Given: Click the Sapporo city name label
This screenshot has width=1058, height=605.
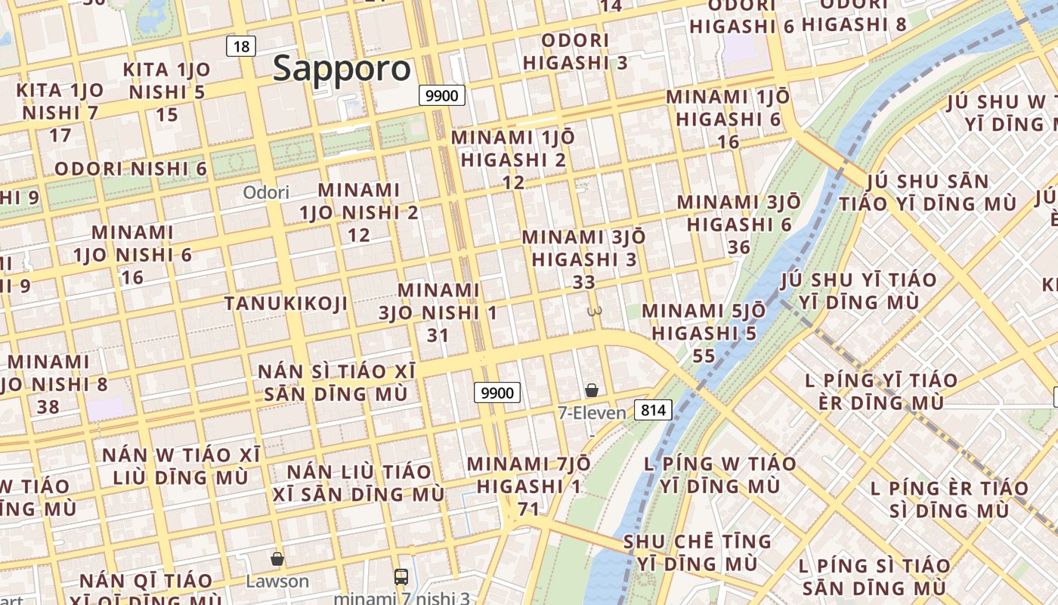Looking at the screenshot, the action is (342, 69).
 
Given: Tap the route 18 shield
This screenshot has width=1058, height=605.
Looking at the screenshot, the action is (241, 46).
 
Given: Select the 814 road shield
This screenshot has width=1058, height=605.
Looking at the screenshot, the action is (653, 410).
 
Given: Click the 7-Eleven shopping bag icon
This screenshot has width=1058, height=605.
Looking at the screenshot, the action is (592, 390).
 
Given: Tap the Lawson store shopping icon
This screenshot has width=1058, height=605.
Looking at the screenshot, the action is (277, 560).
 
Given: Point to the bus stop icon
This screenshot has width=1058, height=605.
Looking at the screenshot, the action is (401, 577).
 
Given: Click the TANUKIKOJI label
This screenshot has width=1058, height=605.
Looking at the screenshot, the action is (286, 304).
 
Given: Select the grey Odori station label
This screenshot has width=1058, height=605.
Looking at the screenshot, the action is (266, 192).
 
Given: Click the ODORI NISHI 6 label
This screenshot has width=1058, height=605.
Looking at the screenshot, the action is (131, 169).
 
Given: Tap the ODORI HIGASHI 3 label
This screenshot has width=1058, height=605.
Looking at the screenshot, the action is (575, 51).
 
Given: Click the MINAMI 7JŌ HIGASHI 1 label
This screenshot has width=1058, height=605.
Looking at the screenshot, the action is (529, 474).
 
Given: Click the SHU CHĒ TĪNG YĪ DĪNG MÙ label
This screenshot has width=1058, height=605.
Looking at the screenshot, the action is (698, 553).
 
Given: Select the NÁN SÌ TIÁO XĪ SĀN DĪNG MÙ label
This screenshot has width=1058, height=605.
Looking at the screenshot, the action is (337, 383).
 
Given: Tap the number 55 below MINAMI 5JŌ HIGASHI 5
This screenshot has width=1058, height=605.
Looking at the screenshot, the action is (704, 355).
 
